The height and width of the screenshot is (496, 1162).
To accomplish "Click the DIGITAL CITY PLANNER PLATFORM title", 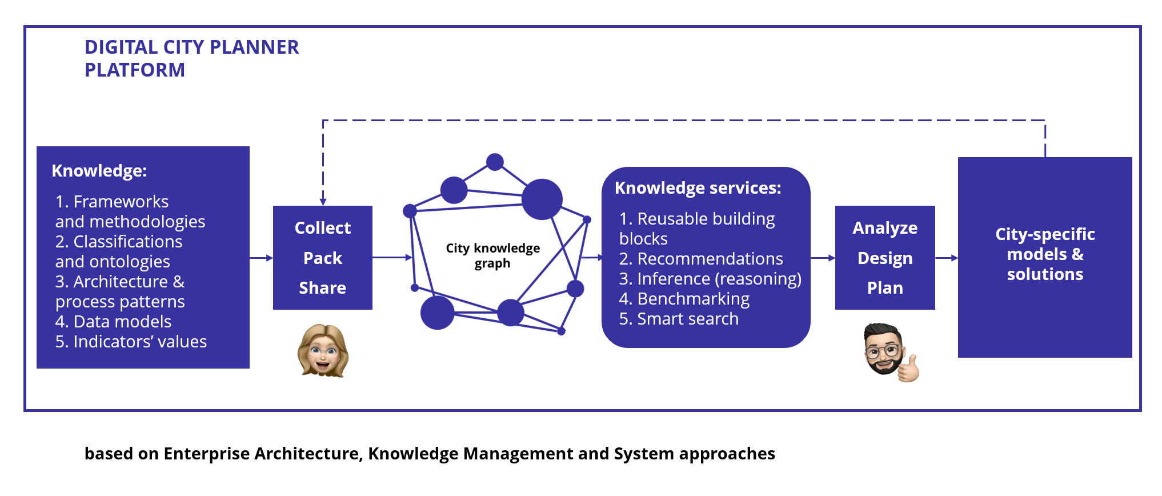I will point(191,58).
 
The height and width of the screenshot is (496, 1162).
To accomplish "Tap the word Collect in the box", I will point(323,228).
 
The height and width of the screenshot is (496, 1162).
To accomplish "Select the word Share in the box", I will point(323,288).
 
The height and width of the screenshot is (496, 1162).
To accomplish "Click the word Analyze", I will point(885,228).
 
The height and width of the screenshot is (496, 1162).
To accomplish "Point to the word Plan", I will point(885,288).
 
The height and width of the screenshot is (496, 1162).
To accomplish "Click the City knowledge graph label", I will point(492,255).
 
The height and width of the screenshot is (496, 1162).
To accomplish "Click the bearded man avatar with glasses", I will point(884,349).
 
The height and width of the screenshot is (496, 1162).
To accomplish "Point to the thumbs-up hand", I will point(909,368).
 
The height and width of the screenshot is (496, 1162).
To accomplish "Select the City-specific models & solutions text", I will point(1045,254).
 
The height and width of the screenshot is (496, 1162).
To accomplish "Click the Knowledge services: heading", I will point(698,188).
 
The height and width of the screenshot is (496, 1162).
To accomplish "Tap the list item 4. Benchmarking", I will point(684,299).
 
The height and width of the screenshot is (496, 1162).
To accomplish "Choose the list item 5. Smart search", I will point(679,319).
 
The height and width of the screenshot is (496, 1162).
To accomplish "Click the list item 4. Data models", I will point(113,322).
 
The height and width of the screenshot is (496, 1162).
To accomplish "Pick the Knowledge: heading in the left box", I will point(99,171).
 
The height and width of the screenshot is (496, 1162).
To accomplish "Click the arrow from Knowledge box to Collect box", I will point(262,258).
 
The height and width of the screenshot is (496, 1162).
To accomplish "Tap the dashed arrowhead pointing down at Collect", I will point(323,202).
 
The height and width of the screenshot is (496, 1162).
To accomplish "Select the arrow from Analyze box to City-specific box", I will point(947,258).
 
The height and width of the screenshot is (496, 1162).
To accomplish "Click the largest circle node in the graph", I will point(542,199).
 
